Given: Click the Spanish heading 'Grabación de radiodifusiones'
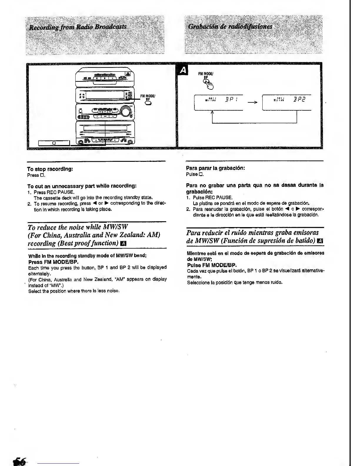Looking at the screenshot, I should [x=230, y=27].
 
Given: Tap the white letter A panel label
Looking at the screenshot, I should [x=183, y=70].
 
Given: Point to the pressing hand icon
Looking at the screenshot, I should [x=209, y=85].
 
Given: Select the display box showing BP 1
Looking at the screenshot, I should [x=219, y=102].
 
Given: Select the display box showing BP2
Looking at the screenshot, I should [x=286, y=102].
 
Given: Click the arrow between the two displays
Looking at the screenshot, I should [x=252, y=102].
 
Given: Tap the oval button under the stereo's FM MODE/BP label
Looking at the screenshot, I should [x=148, y=103].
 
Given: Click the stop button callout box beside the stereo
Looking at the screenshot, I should [x=54, y=143].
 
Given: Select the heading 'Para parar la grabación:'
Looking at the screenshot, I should [x=216, y=168].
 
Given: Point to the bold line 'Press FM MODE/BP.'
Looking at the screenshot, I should [x=54, y=262].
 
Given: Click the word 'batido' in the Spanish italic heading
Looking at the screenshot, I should [x=303, y=240].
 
